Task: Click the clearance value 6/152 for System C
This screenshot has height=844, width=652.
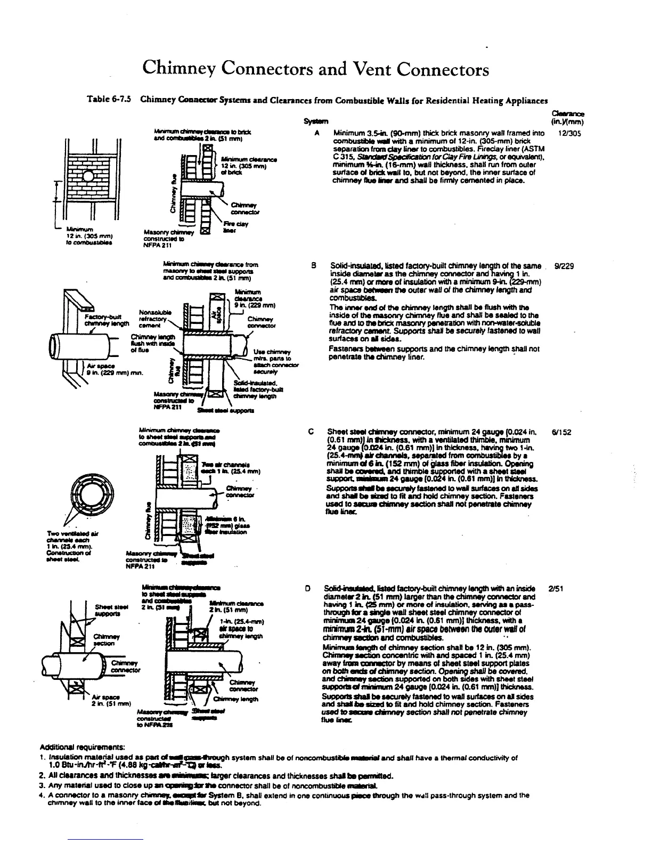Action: (x=561, y=432)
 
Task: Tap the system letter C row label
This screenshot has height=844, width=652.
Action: (x=311, y=432)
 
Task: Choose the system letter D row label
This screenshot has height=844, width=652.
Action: (x=308, y=589)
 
